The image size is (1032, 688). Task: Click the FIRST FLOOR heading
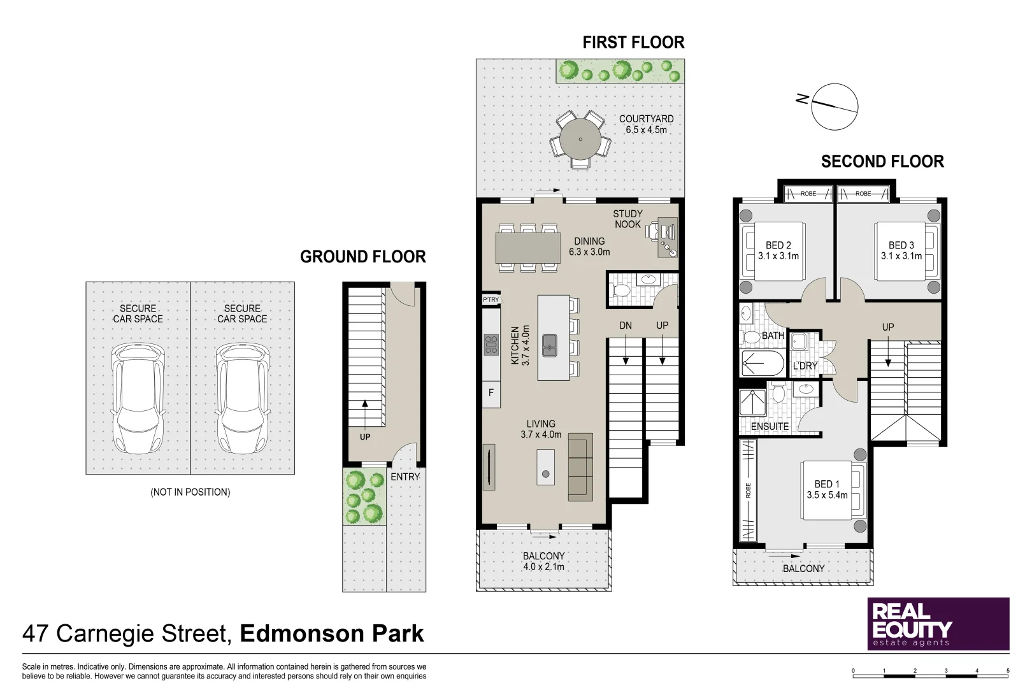(633, 43)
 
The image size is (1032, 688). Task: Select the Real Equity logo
(938, 624)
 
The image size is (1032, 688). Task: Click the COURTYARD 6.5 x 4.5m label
(646, 124)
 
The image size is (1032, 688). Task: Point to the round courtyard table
(580, 139)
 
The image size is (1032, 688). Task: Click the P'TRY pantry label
(491, 299)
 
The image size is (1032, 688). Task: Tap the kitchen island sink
(550, 345)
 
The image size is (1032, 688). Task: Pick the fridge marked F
(491, 393)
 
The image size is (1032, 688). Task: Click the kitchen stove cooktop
(491, 345)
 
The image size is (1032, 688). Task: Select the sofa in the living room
(580, 466)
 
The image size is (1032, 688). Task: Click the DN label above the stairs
(626, 326)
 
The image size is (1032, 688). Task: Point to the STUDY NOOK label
(627, 219)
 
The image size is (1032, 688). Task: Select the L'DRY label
(805, 366)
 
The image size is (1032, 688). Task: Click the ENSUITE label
(770, 426)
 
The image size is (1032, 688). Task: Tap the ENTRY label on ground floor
(405, 477)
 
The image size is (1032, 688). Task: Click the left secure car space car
(138, 398)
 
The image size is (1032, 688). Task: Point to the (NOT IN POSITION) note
(190, 492)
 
